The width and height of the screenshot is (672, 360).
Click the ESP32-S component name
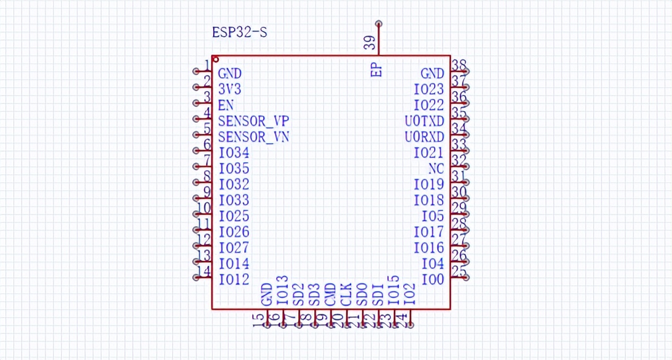239,32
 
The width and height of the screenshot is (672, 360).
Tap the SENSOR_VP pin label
253,121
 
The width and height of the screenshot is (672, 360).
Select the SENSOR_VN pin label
253,137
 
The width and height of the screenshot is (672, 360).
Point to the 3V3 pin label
229,89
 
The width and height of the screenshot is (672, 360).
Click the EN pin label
225,105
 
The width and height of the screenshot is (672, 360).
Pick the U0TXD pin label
424,121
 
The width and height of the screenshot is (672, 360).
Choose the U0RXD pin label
424,137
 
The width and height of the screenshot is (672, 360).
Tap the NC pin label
436,168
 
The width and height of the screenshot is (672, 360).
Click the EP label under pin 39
377,70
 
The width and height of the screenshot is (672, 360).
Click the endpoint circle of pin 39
379,24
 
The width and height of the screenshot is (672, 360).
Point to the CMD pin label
330,294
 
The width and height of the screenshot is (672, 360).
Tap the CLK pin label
346,294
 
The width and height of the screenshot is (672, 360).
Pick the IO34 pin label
234,152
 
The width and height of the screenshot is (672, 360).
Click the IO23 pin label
429,89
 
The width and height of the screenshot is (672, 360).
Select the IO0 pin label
433,279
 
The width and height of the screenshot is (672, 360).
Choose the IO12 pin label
234,279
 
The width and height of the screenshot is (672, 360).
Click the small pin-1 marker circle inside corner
215,59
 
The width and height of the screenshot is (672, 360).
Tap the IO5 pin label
433,216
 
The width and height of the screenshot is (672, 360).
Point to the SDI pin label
378,294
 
